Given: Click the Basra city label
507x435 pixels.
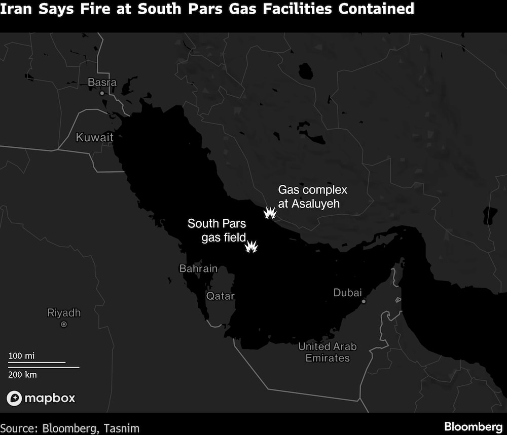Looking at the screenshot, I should pos(102,82).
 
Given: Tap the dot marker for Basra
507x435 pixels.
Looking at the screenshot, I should pos(102,93).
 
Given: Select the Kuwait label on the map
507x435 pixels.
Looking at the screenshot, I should pos(94,137).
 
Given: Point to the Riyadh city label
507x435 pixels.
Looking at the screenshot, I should pos(64,312).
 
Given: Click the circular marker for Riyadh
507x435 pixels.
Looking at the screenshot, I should pos(64,324).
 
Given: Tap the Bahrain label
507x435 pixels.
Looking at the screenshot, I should pos(198,269).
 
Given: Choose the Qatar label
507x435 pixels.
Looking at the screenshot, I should pos(221,296).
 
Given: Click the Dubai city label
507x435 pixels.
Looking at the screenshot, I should pos(348,293).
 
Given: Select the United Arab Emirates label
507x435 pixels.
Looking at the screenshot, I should pos(328,352).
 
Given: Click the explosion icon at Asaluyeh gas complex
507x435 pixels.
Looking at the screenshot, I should pos(270,213).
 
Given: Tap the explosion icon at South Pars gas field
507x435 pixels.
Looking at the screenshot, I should pos(251,247).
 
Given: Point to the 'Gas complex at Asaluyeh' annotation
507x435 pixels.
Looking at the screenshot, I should pos(312,197).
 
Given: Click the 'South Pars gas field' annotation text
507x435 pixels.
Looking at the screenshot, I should pos(216,230).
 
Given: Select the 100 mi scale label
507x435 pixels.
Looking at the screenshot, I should pos(22,356).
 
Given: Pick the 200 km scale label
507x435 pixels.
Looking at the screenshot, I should pos(23,374).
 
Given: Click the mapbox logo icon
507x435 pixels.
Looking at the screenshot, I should pos(14,398).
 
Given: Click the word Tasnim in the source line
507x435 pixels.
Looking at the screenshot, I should pos(121,427).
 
